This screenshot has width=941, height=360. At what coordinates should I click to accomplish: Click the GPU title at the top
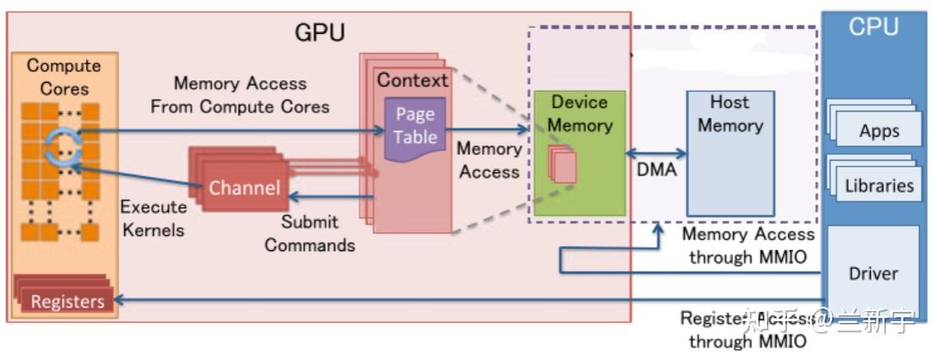[x=320, y=33]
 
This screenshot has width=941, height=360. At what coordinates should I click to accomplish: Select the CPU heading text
[x=873, y=27]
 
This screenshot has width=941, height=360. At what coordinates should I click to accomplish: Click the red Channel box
[x=243, y=188]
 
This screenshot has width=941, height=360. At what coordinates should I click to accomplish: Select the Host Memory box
[x=730, y=152]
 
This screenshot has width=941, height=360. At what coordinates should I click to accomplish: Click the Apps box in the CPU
[x=878, y=131]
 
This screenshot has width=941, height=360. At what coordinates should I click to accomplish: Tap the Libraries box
[x=879, y=186]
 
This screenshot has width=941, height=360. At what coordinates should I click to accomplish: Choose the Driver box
[x=873, y=273]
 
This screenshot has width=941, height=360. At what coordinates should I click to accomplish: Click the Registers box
[x=67, y=301]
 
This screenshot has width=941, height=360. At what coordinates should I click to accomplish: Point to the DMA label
[x=656, y=170]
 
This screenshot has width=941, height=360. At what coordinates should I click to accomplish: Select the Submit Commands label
[x=309, y=233]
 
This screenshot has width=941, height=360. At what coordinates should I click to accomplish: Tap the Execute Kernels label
[x=152, y=218]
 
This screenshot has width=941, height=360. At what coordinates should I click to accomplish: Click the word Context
[x=413, y=80]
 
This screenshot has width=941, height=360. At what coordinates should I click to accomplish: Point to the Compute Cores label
[x=63, y=76]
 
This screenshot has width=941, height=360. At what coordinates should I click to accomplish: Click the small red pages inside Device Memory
[x=563, y=165]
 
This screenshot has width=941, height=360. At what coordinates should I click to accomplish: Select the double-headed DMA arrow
[x=656, y=154]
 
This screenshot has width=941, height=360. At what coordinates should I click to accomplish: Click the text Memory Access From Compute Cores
[x=240, y=95]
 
